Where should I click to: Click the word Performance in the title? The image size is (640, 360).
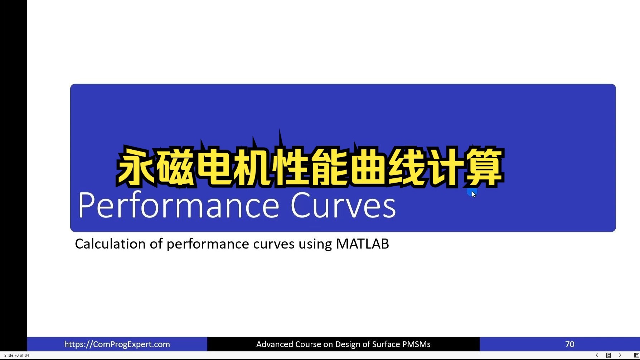[x=178, y=205]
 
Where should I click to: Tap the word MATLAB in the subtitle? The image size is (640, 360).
[x=362, y=244]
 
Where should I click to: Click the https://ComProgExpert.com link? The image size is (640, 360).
[x=117, y=344]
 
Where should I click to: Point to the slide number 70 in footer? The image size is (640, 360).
[x=569, y=344]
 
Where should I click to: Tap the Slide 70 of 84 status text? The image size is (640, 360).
[x=16, y=355]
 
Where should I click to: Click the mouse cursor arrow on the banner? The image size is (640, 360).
[x=474, y=194]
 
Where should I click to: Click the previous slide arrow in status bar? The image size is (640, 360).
[x=597, y=355]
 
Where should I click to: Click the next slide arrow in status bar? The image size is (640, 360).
[x=620, y=355]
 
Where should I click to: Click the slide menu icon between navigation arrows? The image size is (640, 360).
[x=609, y=355]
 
